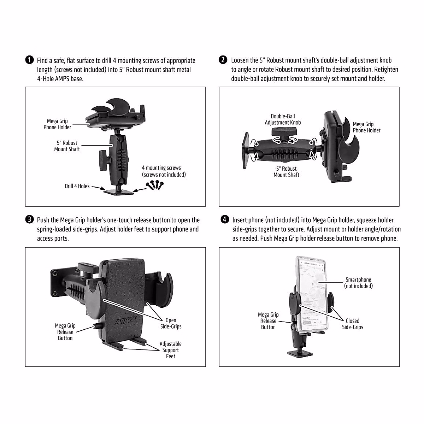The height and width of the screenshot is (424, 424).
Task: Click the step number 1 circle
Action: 29,60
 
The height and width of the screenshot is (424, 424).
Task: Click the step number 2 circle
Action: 223,60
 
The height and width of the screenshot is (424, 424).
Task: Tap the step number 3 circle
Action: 29,220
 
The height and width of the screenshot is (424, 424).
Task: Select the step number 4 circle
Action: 224,220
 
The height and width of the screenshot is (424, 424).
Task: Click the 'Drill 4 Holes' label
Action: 77,186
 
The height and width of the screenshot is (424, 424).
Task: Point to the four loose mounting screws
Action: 154,185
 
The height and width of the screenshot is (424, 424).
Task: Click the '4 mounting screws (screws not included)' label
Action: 163,171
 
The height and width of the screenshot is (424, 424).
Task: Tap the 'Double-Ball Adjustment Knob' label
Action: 283,119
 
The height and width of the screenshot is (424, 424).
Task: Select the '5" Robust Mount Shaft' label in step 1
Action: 67,146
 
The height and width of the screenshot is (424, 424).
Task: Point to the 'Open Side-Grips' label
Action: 171,323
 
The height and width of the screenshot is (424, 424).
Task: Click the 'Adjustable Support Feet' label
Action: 170,350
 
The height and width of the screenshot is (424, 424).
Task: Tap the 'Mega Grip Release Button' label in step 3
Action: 65,332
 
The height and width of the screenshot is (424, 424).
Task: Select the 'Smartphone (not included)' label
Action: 358,283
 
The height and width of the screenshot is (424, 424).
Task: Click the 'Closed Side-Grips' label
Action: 352,324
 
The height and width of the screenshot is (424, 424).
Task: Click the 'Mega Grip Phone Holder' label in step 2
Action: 366,127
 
